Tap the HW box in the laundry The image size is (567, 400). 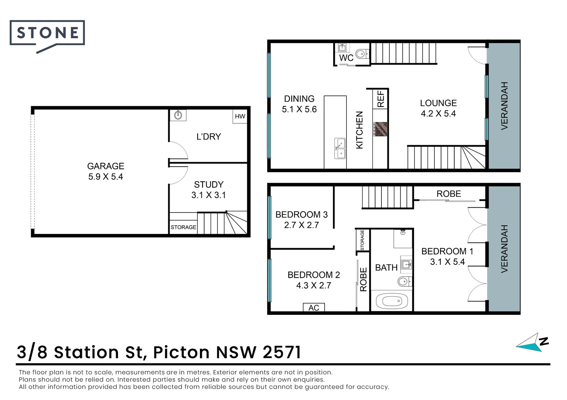click(240, 116)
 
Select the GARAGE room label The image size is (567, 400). click(105, 166)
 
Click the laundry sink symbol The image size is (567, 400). click(178, 115)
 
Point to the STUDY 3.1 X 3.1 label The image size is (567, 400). click(209, 190)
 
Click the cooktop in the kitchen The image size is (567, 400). click(380, 129)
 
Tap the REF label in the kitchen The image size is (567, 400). click(381, 99)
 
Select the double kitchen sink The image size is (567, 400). click(340, 148)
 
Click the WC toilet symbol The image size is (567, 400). click(362, 54)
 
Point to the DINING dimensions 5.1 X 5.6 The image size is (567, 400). click(299, 109)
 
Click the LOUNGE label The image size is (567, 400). click(438, 103)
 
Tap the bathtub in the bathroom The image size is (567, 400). click(391, 301)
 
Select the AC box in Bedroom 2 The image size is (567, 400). click(314, 307)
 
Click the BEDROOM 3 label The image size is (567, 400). click(301, 214)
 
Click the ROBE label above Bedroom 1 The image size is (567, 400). click(449, 194)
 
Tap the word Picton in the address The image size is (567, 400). click(181, 352)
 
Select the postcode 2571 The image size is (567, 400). click(282, 352)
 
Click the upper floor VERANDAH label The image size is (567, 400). click(504, 106)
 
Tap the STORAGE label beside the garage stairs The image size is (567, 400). click(183, 227)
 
